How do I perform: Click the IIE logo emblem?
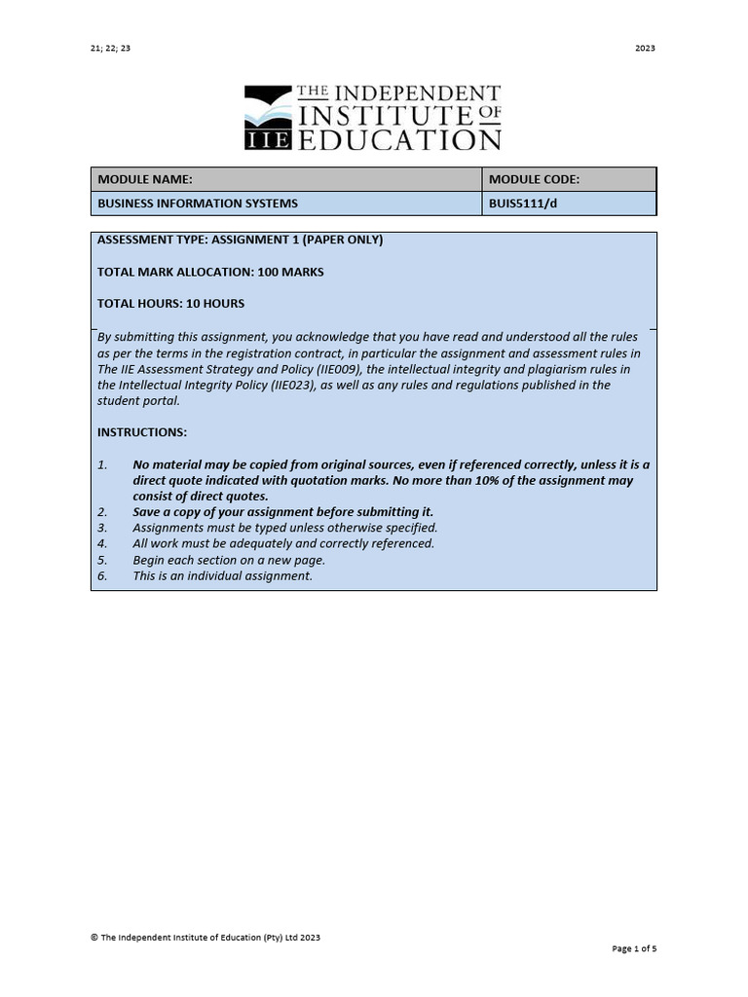click(267, 118)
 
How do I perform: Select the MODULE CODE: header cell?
click(534, 179)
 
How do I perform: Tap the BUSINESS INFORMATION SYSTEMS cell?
click(198, 203)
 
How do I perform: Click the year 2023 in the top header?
click(645, 48)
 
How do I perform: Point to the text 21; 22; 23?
click(110, 48)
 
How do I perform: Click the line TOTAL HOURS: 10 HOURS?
click(170, 304)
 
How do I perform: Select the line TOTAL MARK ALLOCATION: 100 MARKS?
click(210, 272)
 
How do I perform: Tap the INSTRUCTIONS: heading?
click(142, 432)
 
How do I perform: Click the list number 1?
click(102, 464)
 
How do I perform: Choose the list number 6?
click(102, 575)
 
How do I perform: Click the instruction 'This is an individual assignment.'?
click(223, 575)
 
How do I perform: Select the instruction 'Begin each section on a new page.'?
click(229, 560)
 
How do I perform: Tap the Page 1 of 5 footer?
click(634, 948)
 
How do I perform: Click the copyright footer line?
click(206, 938)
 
